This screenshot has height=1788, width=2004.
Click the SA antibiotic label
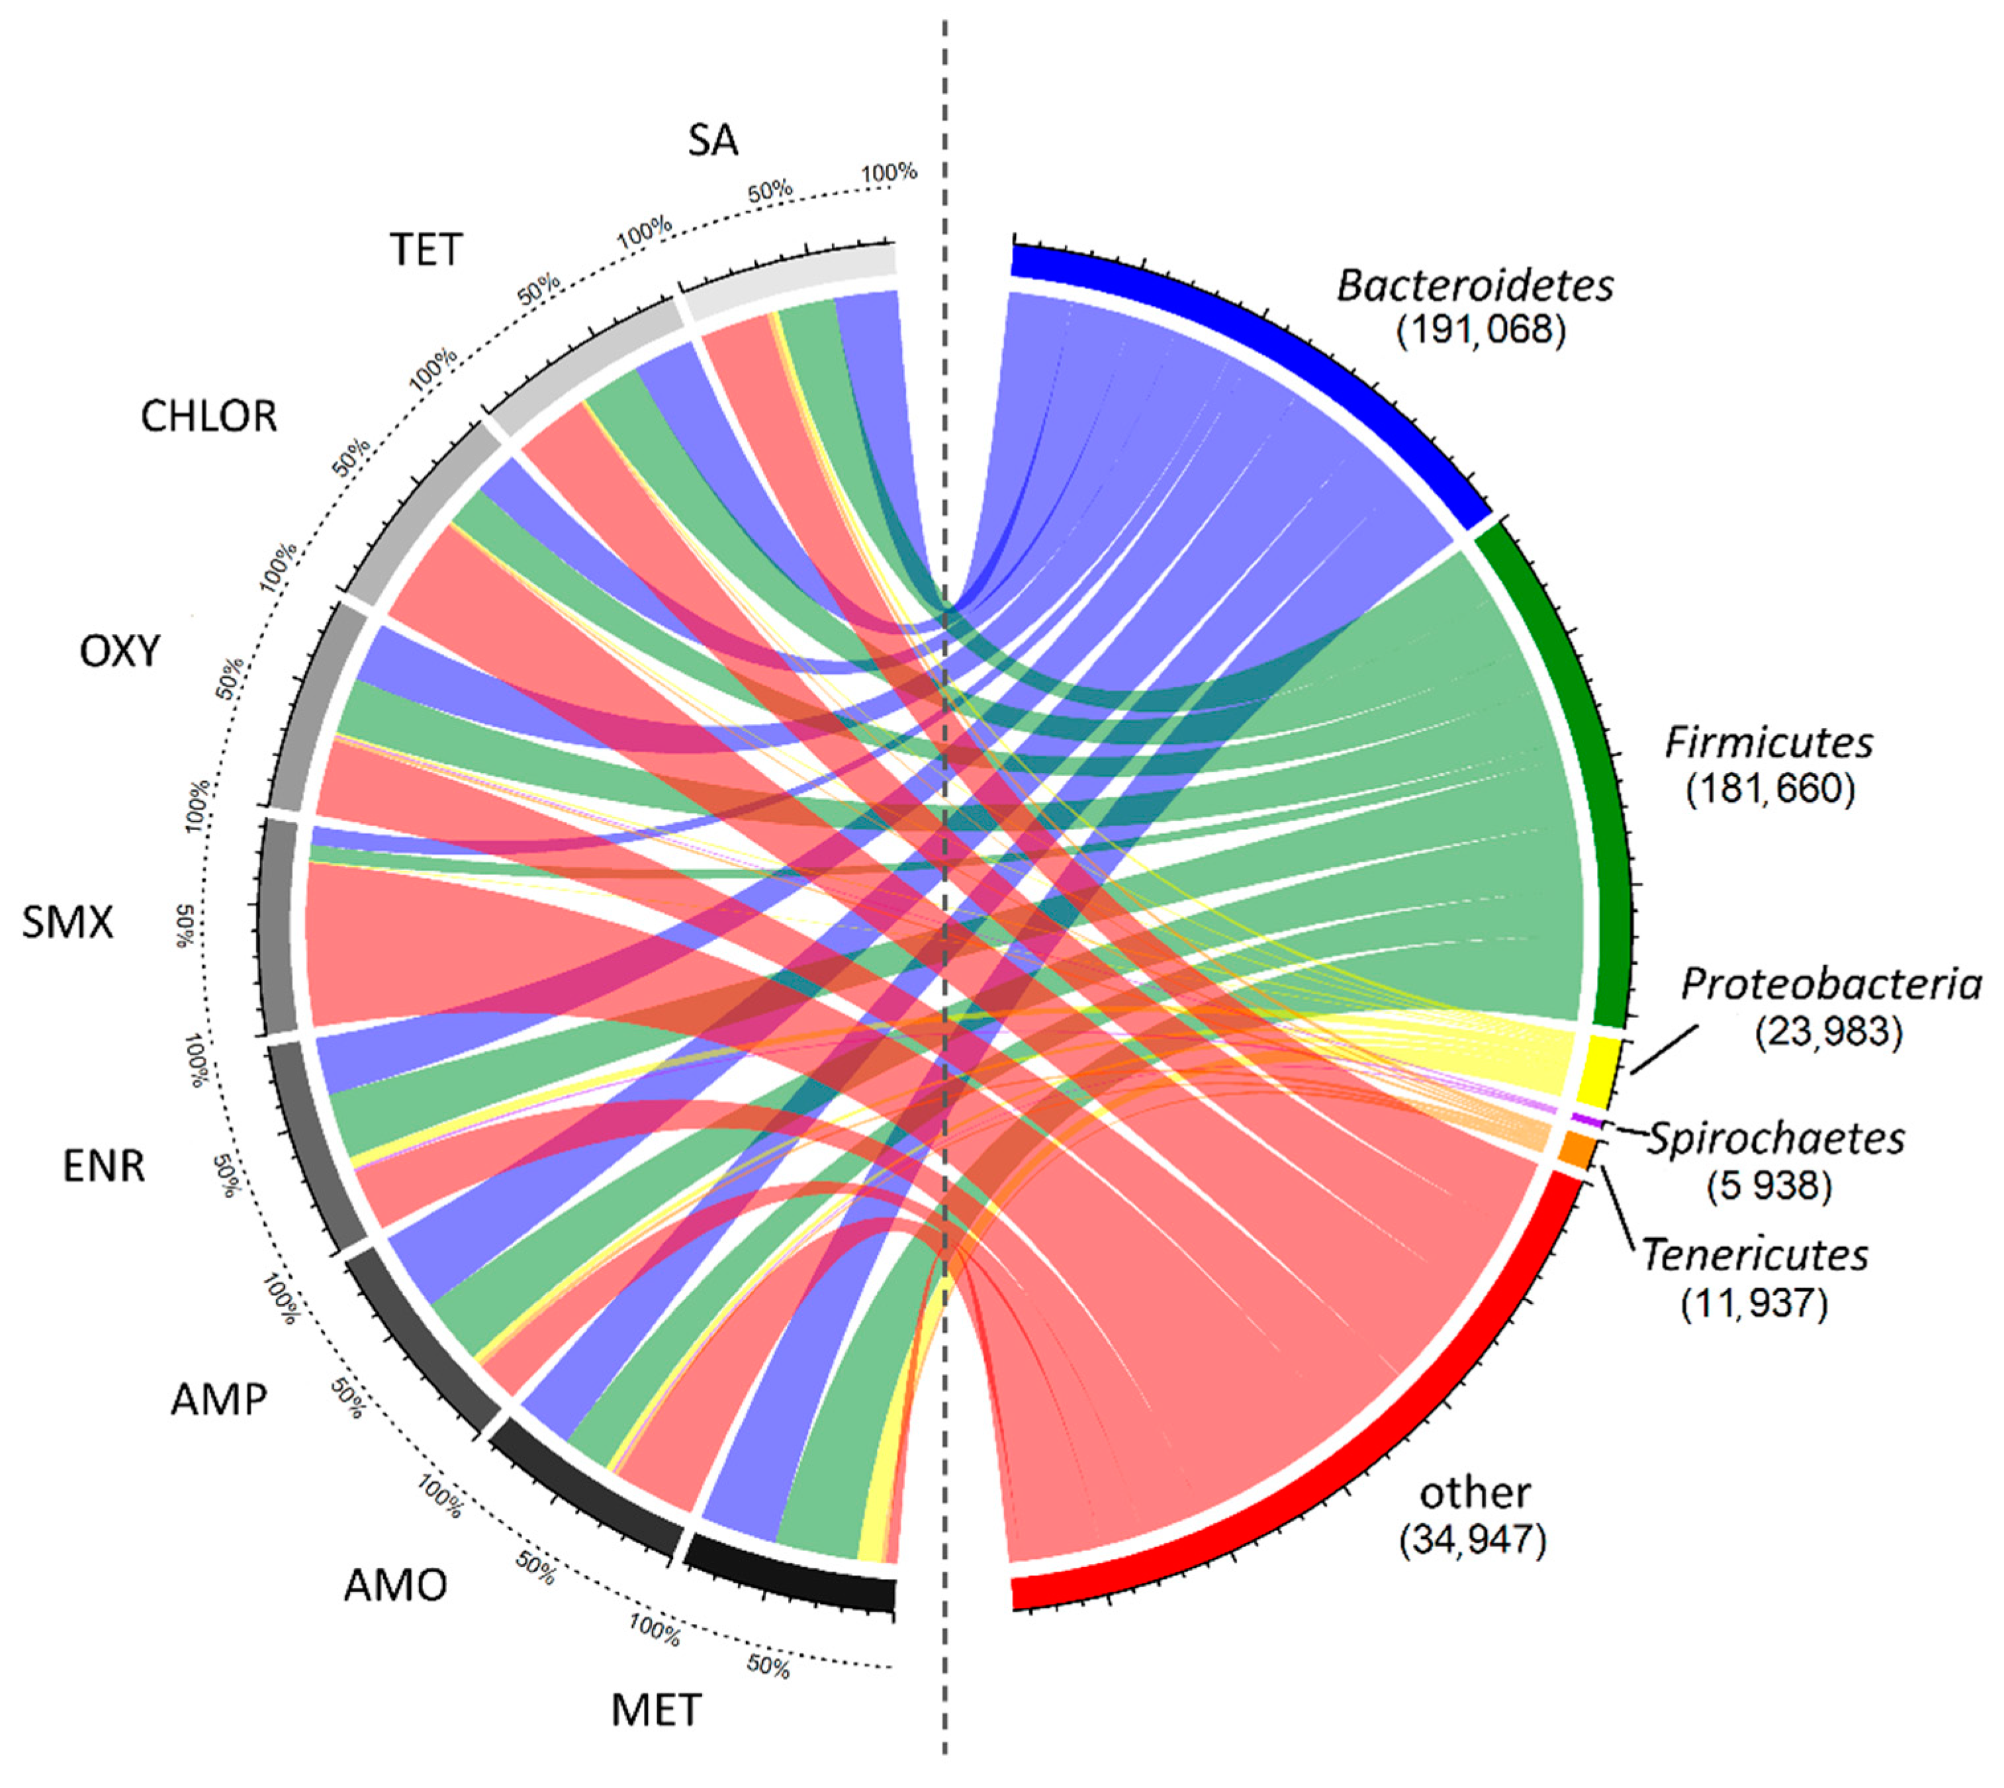pyautogui.click(x=712, y=140)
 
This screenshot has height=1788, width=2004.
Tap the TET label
pyautogui.click(x=426, y=250)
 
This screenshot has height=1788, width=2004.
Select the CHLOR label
pyautogui.click(x=208, y=416)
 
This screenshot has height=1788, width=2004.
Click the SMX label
pyautogui.click(x=68, y=921)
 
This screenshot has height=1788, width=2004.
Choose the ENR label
pyautogui.click(x=104, y=1166)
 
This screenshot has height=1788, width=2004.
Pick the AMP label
pyautogui.click(x=218, y=1399)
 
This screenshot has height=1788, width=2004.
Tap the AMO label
pyautogui.click(x=395, y=1585)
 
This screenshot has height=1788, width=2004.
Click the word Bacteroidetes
pyautogui.click(x=1475, y=286)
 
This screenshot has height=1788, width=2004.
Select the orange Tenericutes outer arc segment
pyautogui.click(x=1576, y=1149)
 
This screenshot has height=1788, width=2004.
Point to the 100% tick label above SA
pyautogui.click(x=889, y=173)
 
